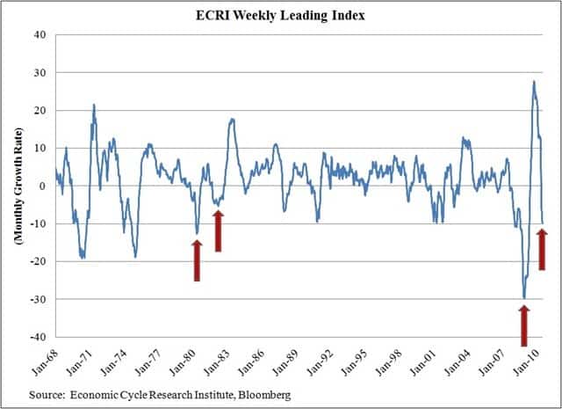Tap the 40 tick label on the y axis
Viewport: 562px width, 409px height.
(x=40, y=35)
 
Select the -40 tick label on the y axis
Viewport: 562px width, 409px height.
(x=38, y=338)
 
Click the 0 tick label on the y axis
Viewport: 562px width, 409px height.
(x=43, y=186)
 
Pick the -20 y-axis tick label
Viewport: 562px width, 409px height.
(x=38, y=262)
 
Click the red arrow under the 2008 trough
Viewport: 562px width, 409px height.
(x=524, y=325)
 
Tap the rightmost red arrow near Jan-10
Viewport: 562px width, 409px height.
(x=542, y=249)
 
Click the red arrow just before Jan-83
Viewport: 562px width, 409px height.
(x=219, y=231)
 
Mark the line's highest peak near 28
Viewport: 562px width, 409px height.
(x=534, y=82)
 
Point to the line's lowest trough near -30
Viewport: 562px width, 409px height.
(x=524, y=298)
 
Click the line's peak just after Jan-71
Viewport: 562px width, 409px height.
(x=94, y=105)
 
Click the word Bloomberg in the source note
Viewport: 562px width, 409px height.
(x=263, y=395)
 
